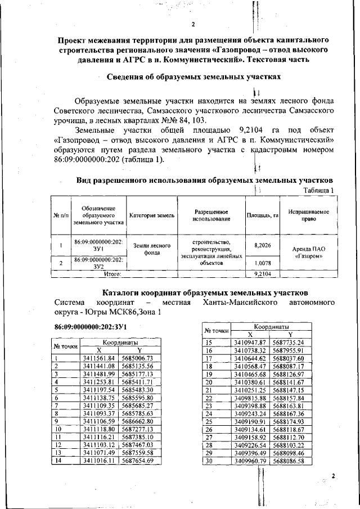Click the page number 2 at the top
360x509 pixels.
pyautogui.click(x=192, y=24)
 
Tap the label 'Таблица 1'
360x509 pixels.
pyautogui.click(x=318, y=191)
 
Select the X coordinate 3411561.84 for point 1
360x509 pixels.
pyautogui.click(x=98, y=358)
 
